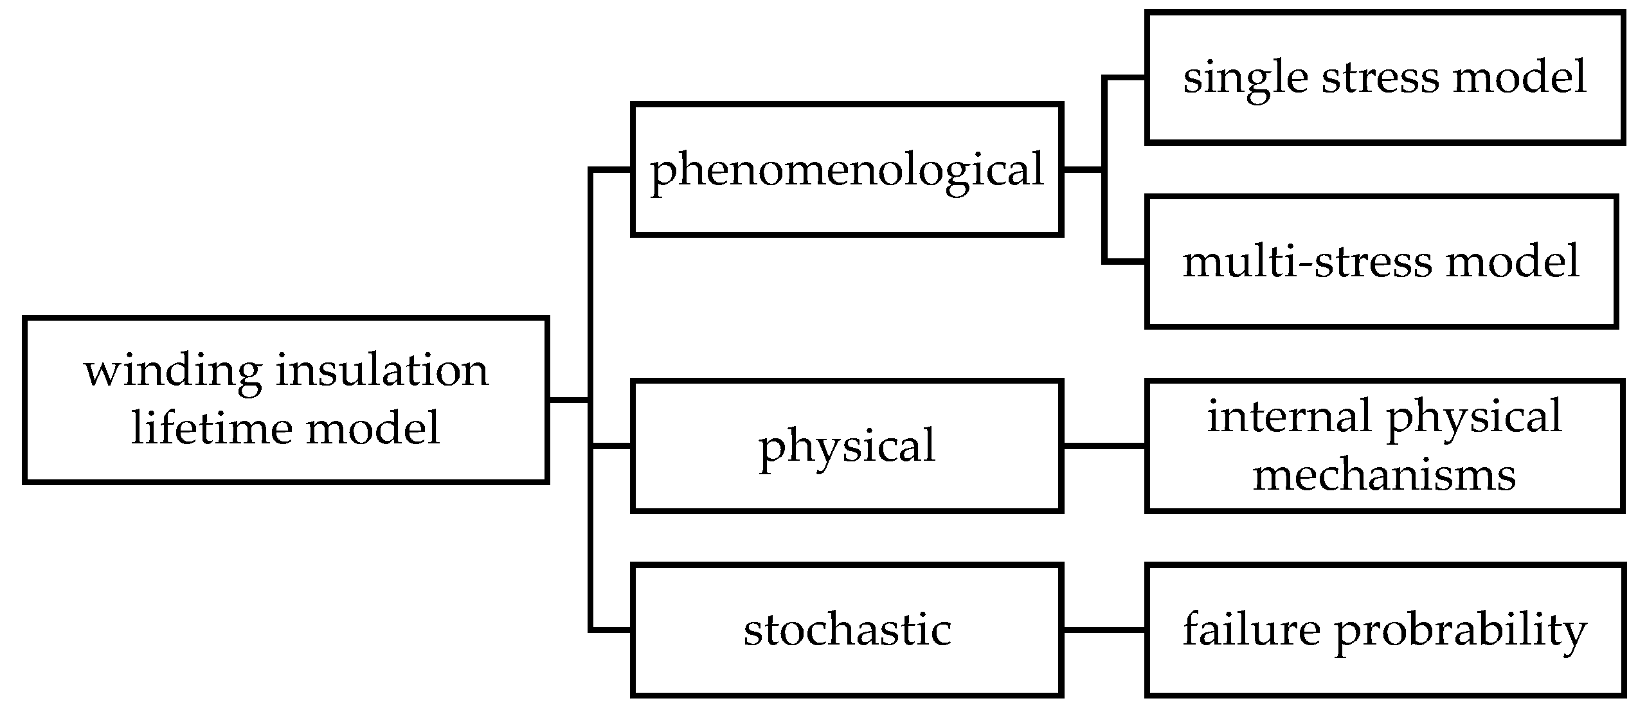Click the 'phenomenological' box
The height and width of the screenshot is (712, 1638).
[846, 170]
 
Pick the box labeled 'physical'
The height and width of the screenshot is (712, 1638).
[846, 446]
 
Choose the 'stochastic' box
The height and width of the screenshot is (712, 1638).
[846, 630]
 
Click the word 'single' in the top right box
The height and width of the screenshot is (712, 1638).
[1245, 77]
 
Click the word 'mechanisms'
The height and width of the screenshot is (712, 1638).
[1384, 475]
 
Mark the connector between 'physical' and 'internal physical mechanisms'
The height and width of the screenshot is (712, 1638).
[1103, 445]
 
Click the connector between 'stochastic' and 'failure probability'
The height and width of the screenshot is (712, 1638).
[1103, 630]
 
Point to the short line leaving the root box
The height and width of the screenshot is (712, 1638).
[568, 400]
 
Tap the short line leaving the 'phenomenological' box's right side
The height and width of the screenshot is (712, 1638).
[1083, 170]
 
